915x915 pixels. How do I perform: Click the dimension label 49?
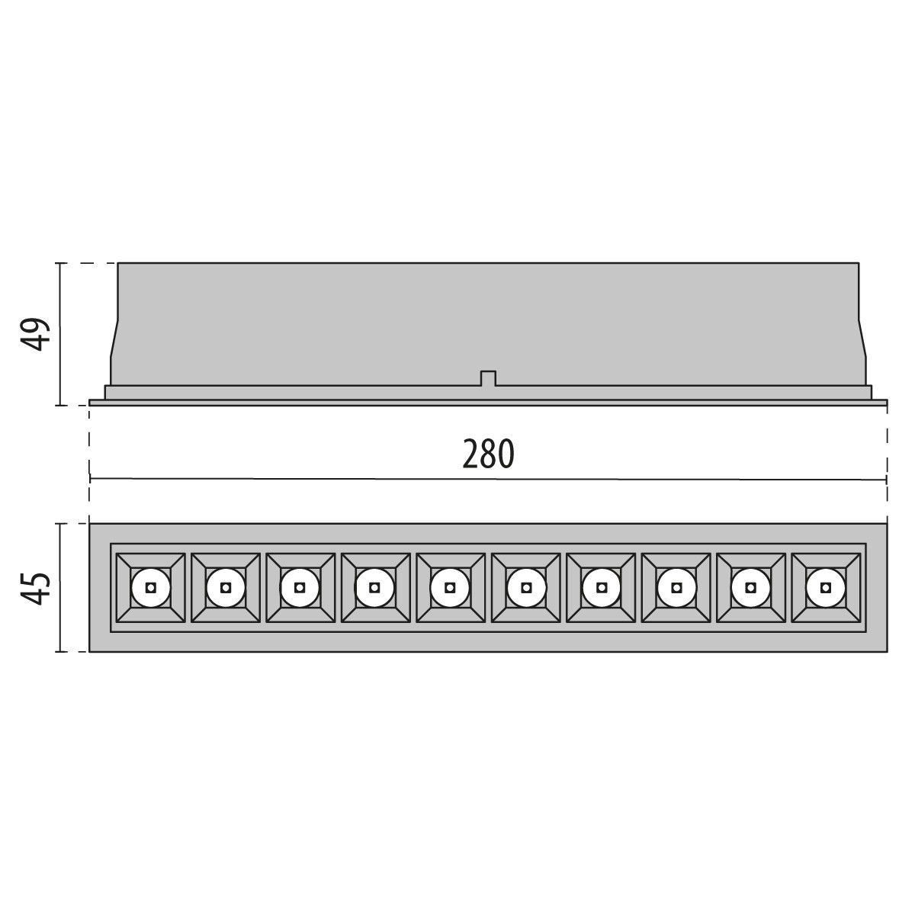[x=35, y=334]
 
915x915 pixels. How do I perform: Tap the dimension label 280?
[x=489, y=454]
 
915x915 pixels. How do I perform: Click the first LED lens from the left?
[x=150, y=587]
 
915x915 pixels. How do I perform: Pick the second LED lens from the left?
[x=225, y=587]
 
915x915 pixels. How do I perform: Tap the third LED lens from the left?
[x=300, y=587]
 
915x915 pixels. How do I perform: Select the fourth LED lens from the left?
[x=374, y=587]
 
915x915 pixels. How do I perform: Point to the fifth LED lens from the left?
[x=450, y=587]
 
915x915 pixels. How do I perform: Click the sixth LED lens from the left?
[x=525, y=587]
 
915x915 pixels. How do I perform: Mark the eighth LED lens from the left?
[x=675, y=587]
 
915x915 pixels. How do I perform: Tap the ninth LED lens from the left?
[x=750, y=587]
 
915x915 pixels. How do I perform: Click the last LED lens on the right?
[x=825, y=587]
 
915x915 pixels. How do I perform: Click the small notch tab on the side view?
[x=488, y=378]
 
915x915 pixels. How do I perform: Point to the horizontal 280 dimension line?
[x=305, y=479]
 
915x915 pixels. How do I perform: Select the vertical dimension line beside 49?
[x=59, y=334]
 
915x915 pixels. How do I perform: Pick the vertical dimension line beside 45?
[x=59, y=587]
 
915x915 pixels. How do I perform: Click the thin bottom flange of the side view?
[x=488, y=402]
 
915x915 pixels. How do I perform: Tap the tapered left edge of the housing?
[x=114, y=351]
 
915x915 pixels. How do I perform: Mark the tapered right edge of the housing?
[x=863, y=351]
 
